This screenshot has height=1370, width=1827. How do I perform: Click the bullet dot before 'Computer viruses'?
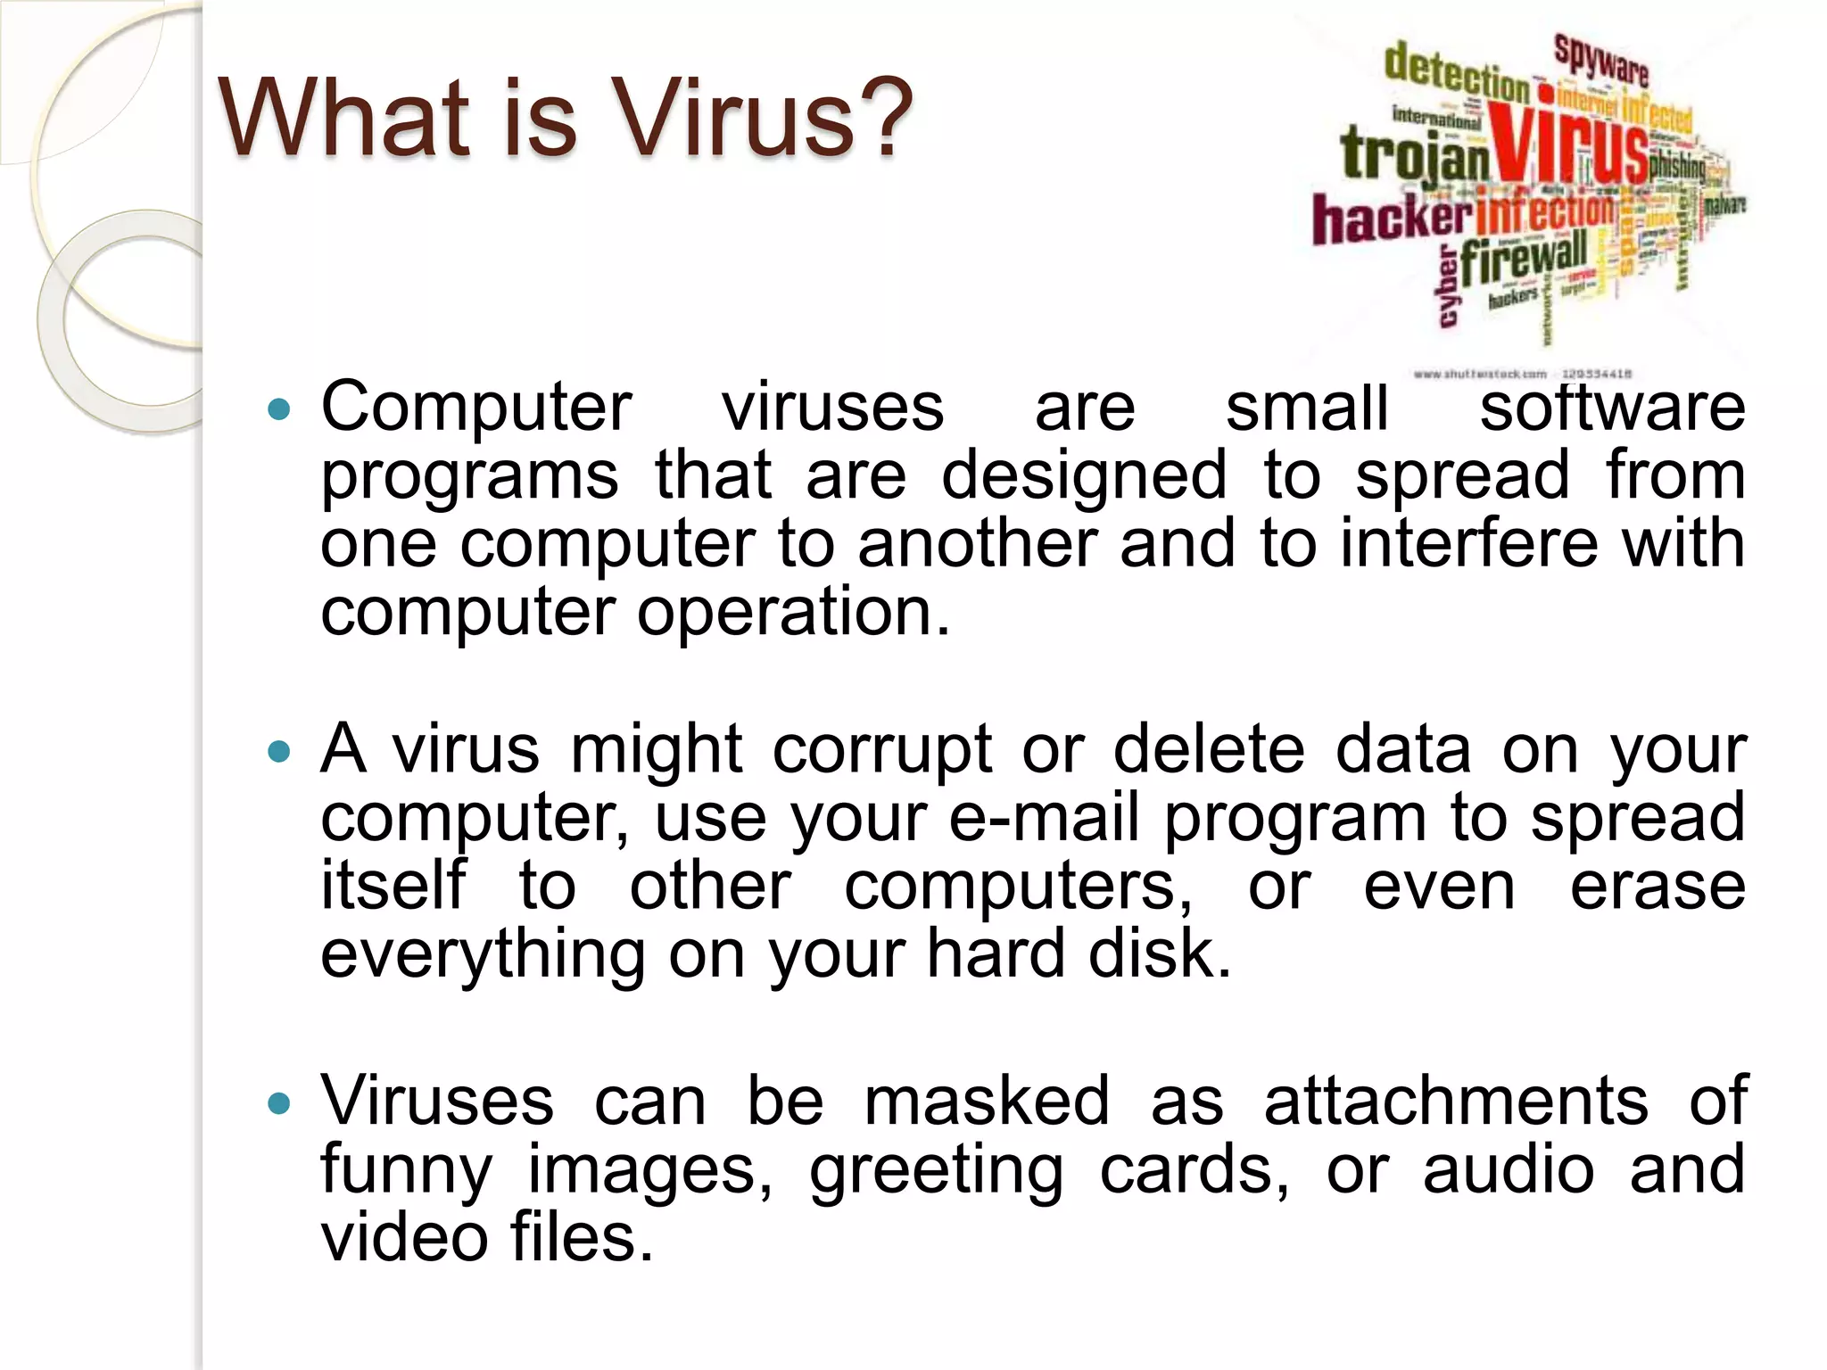coord(279,409)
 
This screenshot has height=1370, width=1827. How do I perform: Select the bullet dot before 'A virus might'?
coord(279,752)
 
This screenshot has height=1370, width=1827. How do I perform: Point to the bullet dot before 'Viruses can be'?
coord(279,1104)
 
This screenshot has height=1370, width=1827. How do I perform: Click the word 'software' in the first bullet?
coord(1612,408)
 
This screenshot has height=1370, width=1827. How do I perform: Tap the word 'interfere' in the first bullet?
coord(1468,544)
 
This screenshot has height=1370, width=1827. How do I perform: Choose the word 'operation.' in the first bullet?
coord(794,614)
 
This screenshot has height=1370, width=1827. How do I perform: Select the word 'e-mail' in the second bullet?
coord(1044,818)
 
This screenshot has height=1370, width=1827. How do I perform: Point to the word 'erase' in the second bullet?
coord(1658,887)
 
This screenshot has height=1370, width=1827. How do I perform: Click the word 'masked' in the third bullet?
coord(987,1102)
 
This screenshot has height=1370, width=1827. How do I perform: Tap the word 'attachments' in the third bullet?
coord(1456,1102)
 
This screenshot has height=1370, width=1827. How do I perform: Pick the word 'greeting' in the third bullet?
coord(936,1171)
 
